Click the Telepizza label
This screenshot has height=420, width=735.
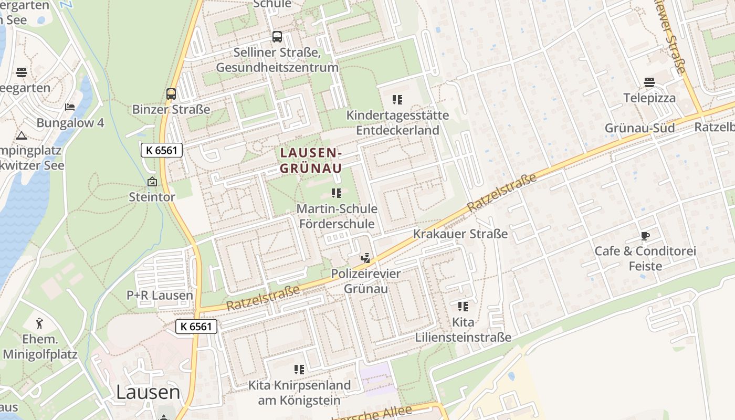pos(649,98)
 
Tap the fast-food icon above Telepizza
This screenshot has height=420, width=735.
pos(649,82)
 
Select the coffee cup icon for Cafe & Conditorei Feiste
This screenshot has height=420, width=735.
pos(645,236)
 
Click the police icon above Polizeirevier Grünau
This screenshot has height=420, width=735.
pos(365,258)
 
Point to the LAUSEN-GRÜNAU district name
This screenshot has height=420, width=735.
pos(311,160)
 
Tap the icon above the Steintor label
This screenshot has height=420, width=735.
pos(152,182)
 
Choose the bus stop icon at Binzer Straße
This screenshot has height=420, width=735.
pos(171,94)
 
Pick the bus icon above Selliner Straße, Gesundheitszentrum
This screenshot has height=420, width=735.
pos(277,37)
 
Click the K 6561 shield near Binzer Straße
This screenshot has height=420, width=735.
pos(162,150)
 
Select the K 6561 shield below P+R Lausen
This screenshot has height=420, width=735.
pos(196,326)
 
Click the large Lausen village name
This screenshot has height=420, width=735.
pos(148,392)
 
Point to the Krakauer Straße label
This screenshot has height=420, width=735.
pos(460,234)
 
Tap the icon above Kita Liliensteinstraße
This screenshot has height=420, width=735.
pos(463,306)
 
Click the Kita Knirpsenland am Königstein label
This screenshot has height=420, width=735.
pos(299,392)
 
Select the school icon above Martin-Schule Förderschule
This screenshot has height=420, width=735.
pos(337,193)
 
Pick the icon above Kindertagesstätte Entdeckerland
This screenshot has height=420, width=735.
pos(397,99)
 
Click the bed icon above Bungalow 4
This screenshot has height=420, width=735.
pos(70,107)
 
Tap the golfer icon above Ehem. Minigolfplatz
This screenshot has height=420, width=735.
pos(40,323)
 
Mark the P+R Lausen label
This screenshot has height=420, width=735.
pos(160,295)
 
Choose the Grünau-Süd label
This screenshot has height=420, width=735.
pos(639,128)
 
